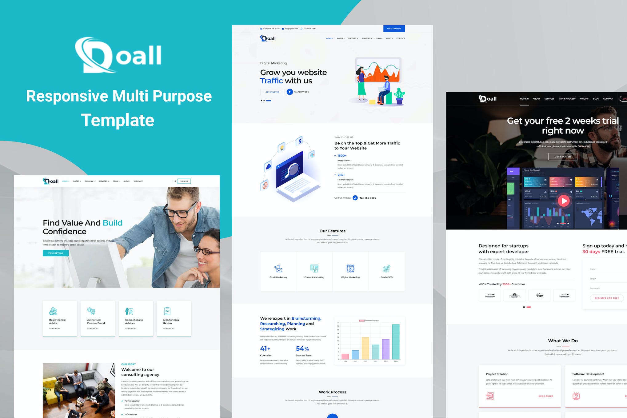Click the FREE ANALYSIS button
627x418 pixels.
[394, 29]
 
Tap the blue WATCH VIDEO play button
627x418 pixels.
[290, 92]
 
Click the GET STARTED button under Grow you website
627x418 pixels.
[272, 92]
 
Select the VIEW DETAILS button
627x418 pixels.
[56, 253]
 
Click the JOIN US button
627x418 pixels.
[184, 181]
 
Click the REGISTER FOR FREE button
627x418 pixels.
[606, 298]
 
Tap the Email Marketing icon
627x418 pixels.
[278, 269]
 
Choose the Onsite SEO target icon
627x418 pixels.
[386, 269]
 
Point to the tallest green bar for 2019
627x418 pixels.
[396, 341]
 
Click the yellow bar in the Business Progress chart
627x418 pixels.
[365, 348]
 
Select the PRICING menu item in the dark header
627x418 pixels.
[584, 99]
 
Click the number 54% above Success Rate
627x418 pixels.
[302, 348]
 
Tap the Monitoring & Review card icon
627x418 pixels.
[167, 311]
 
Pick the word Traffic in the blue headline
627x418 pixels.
[271, 81]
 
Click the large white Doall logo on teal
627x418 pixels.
[118, 55]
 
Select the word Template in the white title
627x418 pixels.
[118, 120]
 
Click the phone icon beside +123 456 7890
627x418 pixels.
[355, 198]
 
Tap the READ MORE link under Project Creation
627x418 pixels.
[545, 396]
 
